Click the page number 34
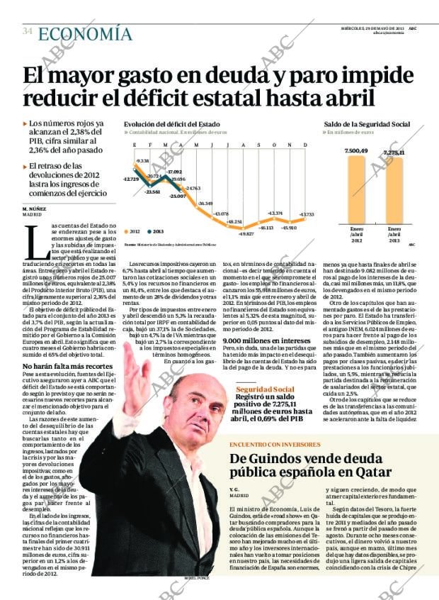pos(27,31)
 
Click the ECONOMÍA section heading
pos(85,33)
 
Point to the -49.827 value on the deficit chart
pos(246,233)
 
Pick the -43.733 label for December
pos(306,214)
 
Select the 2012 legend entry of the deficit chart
pos(132,231)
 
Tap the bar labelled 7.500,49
pos(355,188)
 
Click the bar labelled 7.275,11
pos(393,190)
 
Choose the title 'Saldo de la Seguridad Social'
pos(367,124)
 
